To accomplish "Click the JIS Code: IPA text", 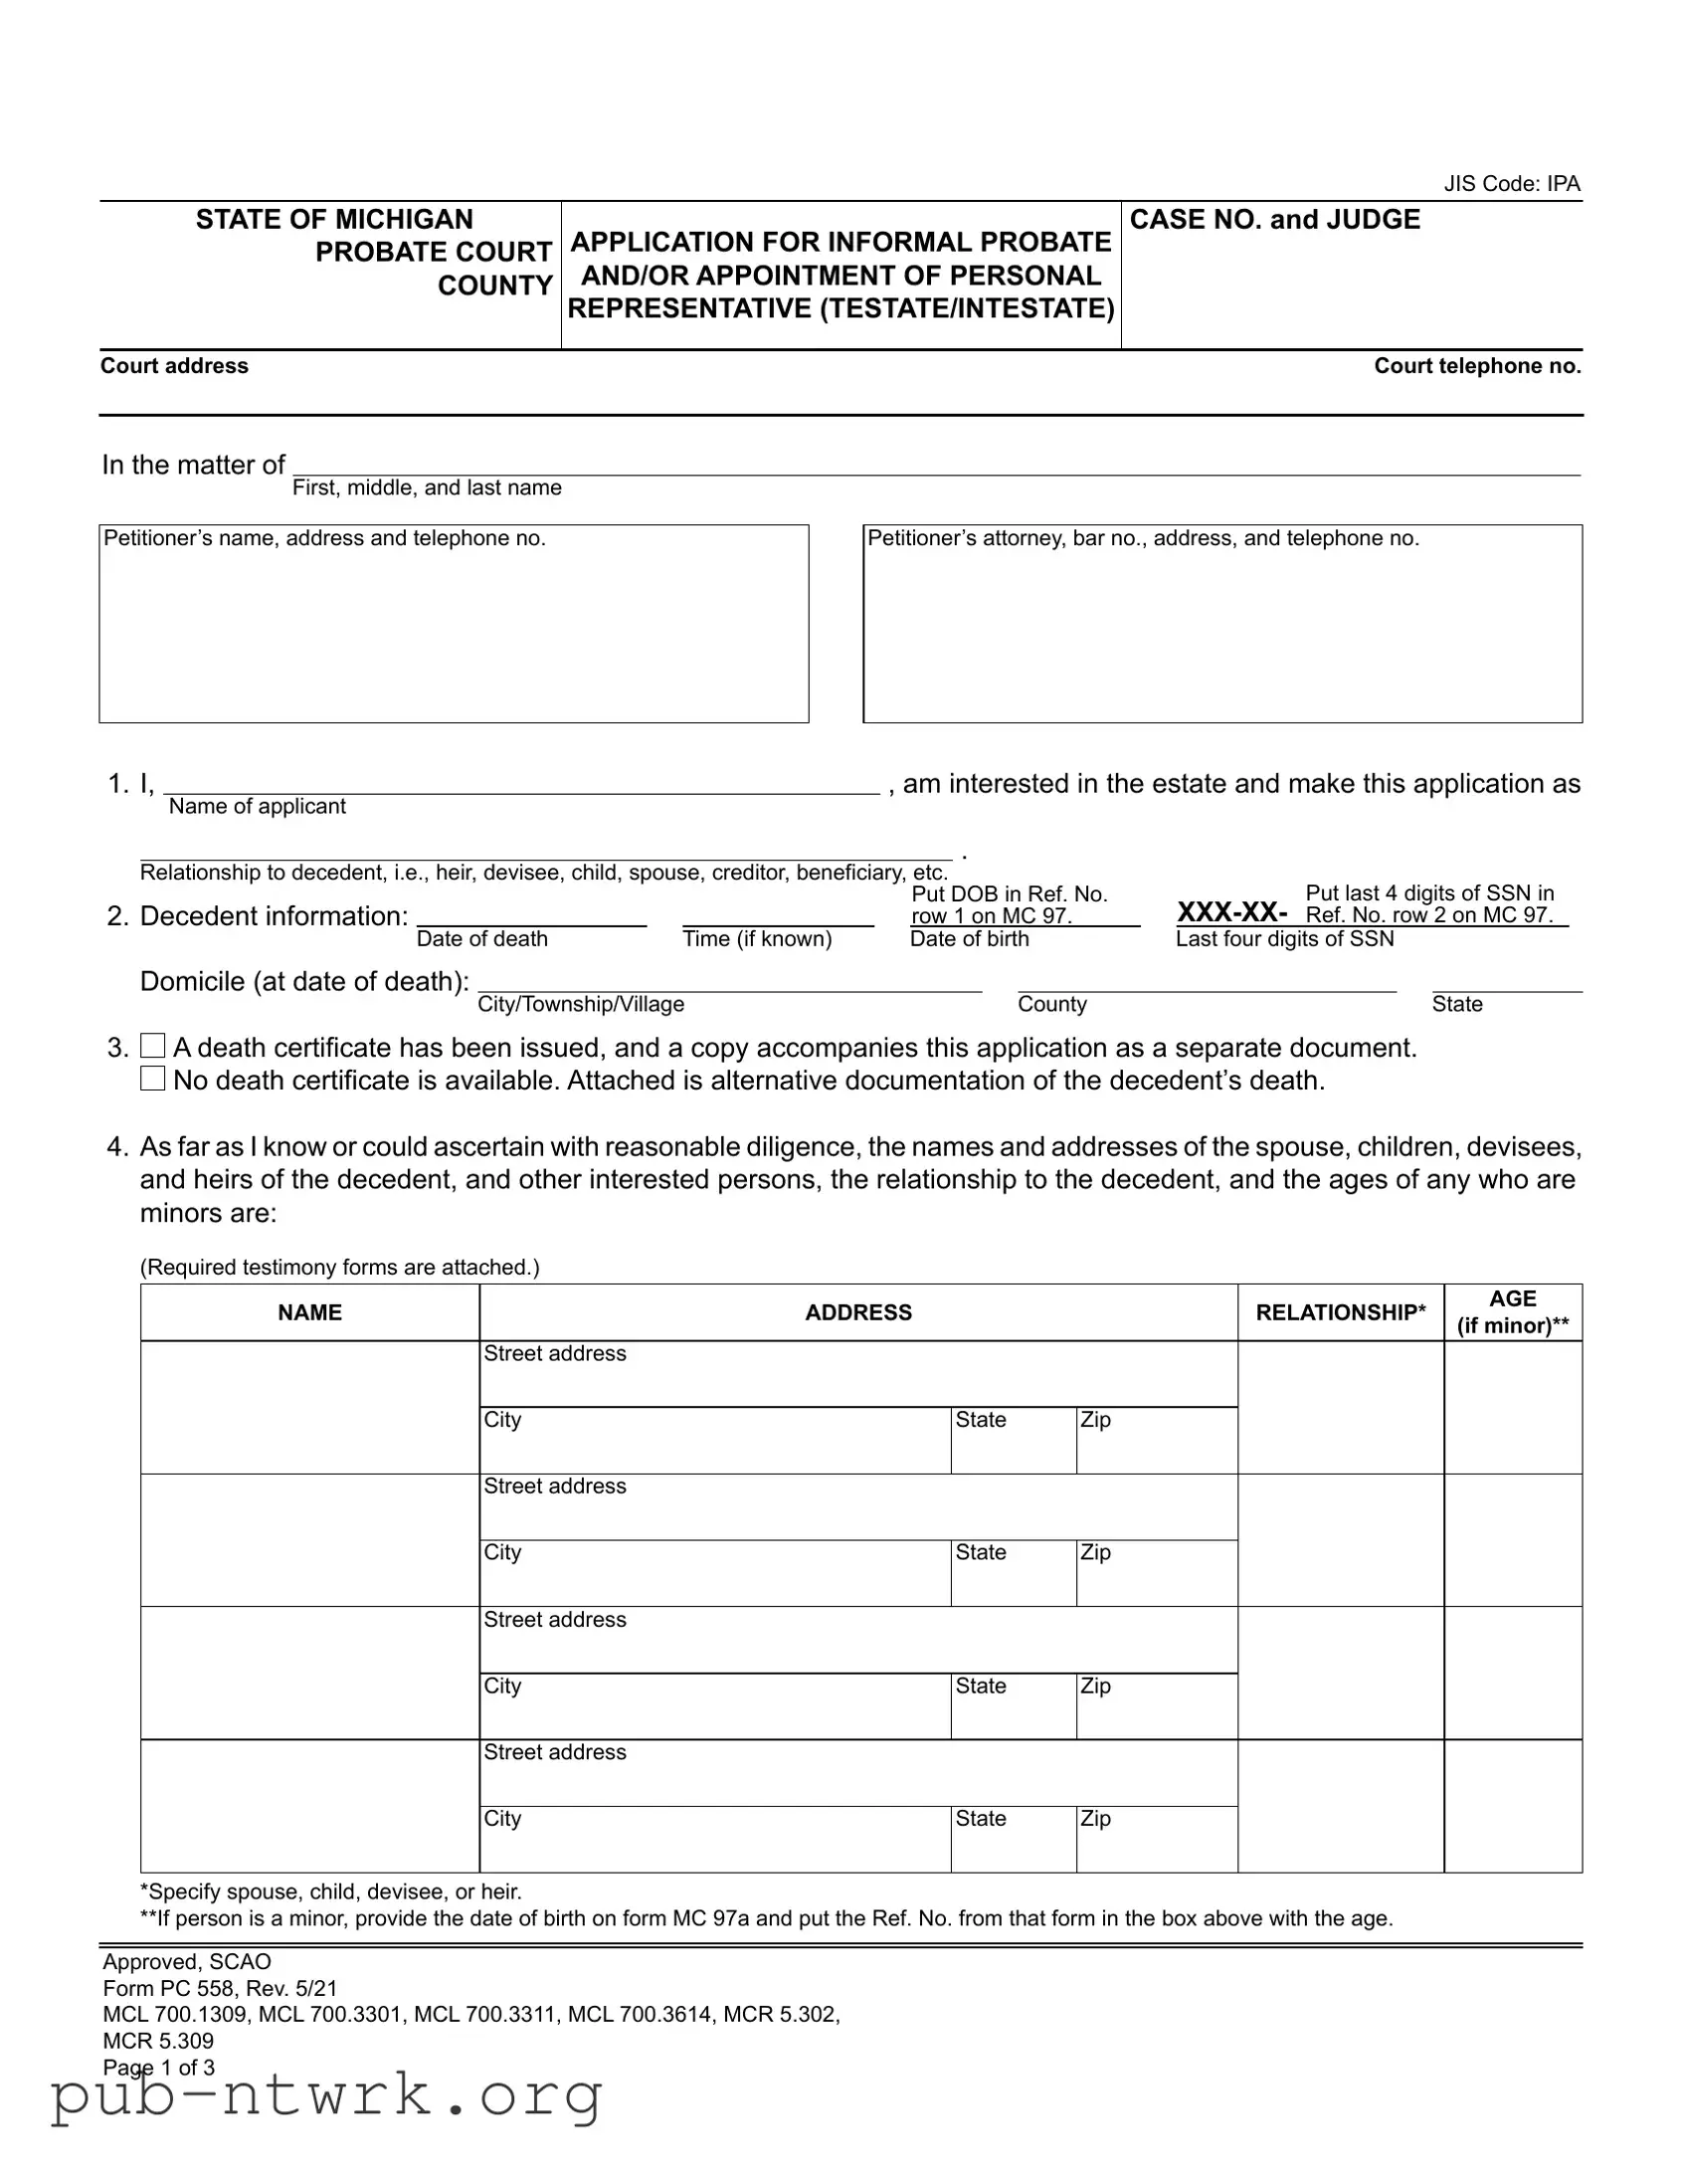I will click(x=1512, y=183).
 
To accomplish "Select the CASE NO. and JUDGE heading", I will click(x=1274, y=219).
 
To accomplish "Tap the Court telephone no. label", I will click(x=1477, y=366).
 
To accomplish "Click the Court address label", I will click(x=174, y=366).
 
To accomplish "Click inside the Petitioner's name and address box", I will click(x=454, y=633).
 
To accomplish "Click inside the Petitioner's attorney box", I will click(x=1221, y=633).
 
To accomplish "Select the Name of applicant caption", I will click(x=257, y=806).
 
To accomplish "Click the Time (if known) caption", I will click(x=756, y=939).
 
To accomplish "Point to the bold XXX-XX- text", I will click(x=1231, y=912).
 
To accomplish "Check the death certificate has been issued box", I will click(x=152, y=1046).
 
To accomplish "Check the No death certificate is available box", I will click(x=152, y=1079).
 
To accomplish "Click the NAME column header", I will click(x=310, y=1312).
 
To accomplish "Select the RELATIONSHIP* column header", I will click(x=1340, y=1312).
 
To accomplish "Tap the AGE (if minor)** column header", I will click(x=1513, y=1312).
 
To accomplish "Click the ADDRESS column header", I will click(x=858, y=1312).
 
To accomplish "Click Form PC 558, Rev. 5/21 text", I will click(x=220, y=1989).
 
